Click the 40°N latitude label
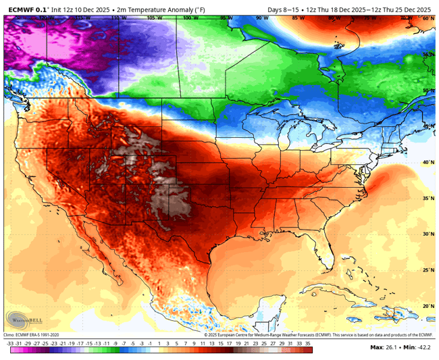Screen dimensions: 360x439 click(428, 162)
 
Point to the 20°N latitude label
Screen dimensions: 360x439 click(428, 305)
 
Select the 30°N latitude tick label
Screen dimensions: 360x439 click(428, 234)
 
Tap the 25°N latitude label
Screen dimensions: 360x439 click(428, 269)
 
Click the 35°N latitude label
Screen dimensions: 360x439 click(428, 199)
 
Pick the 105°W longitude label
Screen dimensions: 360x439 click(154, 18)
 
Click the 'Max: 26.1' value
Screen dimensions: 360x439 click(384, 347)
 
